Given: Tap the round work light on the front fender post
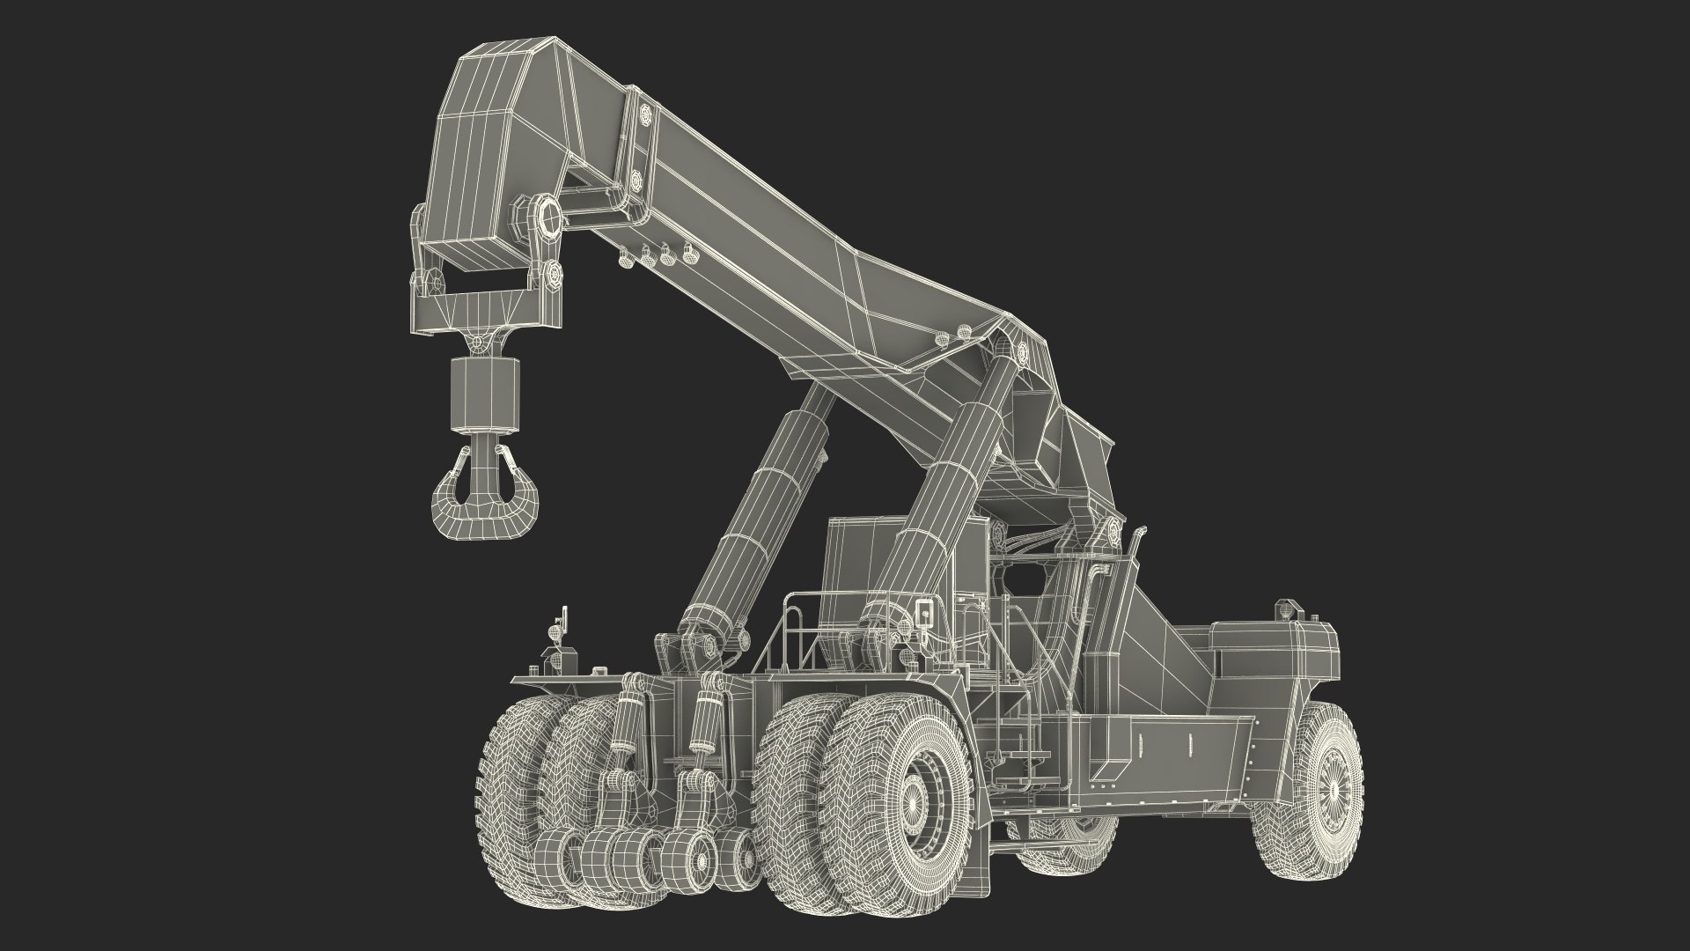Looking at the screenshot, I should point(554,630).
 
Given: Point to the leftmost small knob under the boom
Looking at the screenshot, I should point(627,262).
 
